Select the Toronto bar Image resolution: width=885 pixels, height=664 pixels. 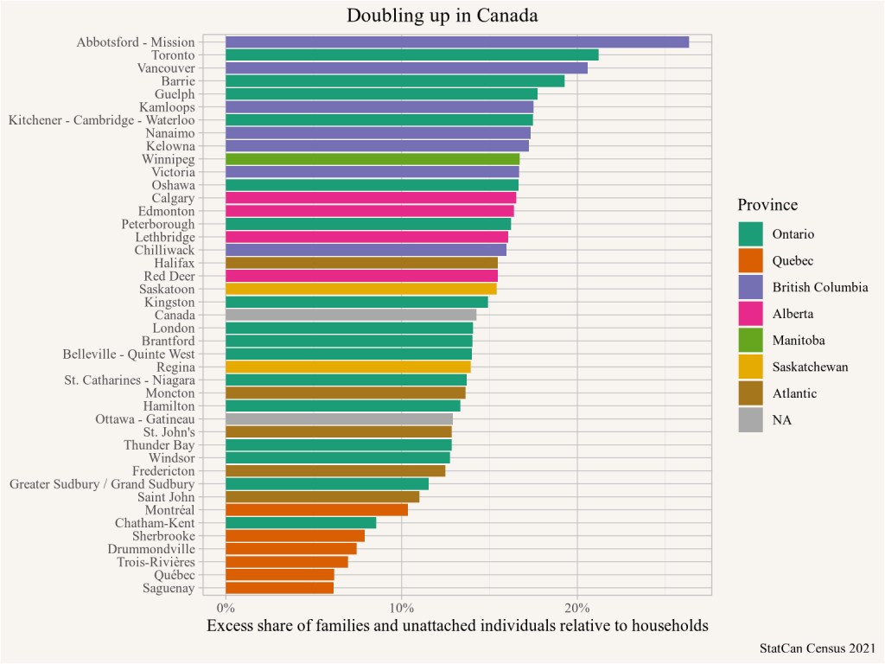[x=411, y=55]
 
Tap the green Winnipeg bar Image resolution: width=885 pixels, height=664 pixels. [x=372, y=159]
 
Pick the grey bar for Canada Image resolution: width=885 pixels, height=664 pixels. [x=350, y=316]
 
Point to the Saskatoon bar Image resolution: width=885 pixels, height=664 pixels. [x=360, y=289]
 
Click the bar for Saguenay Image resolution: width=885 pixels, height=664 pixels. [x=279, y=588]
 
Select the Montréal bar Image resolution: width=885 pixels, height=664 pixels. [x=316, y=510]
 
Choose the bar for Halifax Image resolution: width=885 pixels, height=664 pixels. [x=361, y=263]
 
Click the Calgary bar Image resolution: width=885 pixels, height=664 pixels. [x=370, y=198]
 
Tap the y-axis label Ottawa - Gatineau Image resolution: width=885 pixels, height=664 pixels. [x=145, y=419]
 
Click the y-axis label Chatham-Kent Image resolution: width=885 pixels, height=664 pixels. [x=155, y=523]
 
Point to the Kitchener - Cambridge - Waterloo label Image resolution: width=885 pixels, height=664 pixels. [x=101, y=120]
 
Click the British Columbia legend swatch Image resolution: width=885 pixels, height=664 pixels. [x=750, y=287]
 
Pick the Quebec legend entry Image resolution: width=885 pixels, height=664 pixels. [x=793, y=260]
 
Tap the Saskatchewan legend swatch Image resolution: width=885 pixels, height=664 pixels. [x=750, y=367]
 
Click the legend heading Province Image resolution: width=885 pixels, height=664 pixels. [x=767, y=205]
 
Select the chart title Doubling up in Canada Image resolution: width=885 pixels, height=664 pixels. [x=442, y=16]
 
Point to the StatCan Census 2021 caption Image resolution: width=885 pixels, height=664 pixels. [x=818, y=648]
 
